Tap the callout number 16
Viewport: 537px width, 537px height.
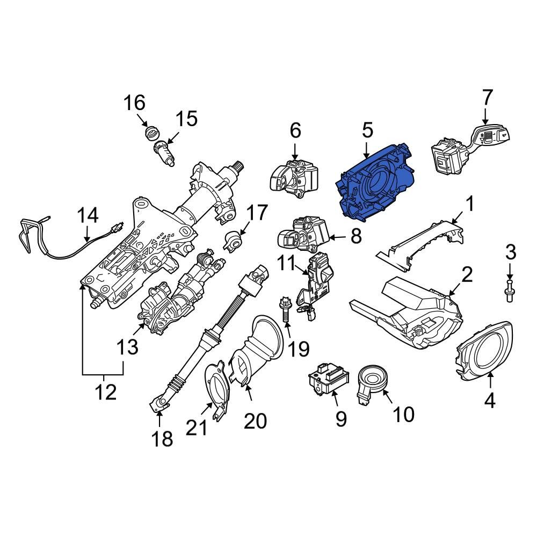[135, 101]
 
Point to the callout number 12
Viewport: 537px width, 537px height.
[106, 392]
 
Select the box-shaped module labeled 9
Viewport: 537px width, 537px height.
[328, 379]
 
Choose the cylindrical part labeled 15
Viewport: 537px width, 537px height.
[165, 151]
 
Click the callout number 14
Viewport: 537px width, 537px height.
[87, 216]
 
